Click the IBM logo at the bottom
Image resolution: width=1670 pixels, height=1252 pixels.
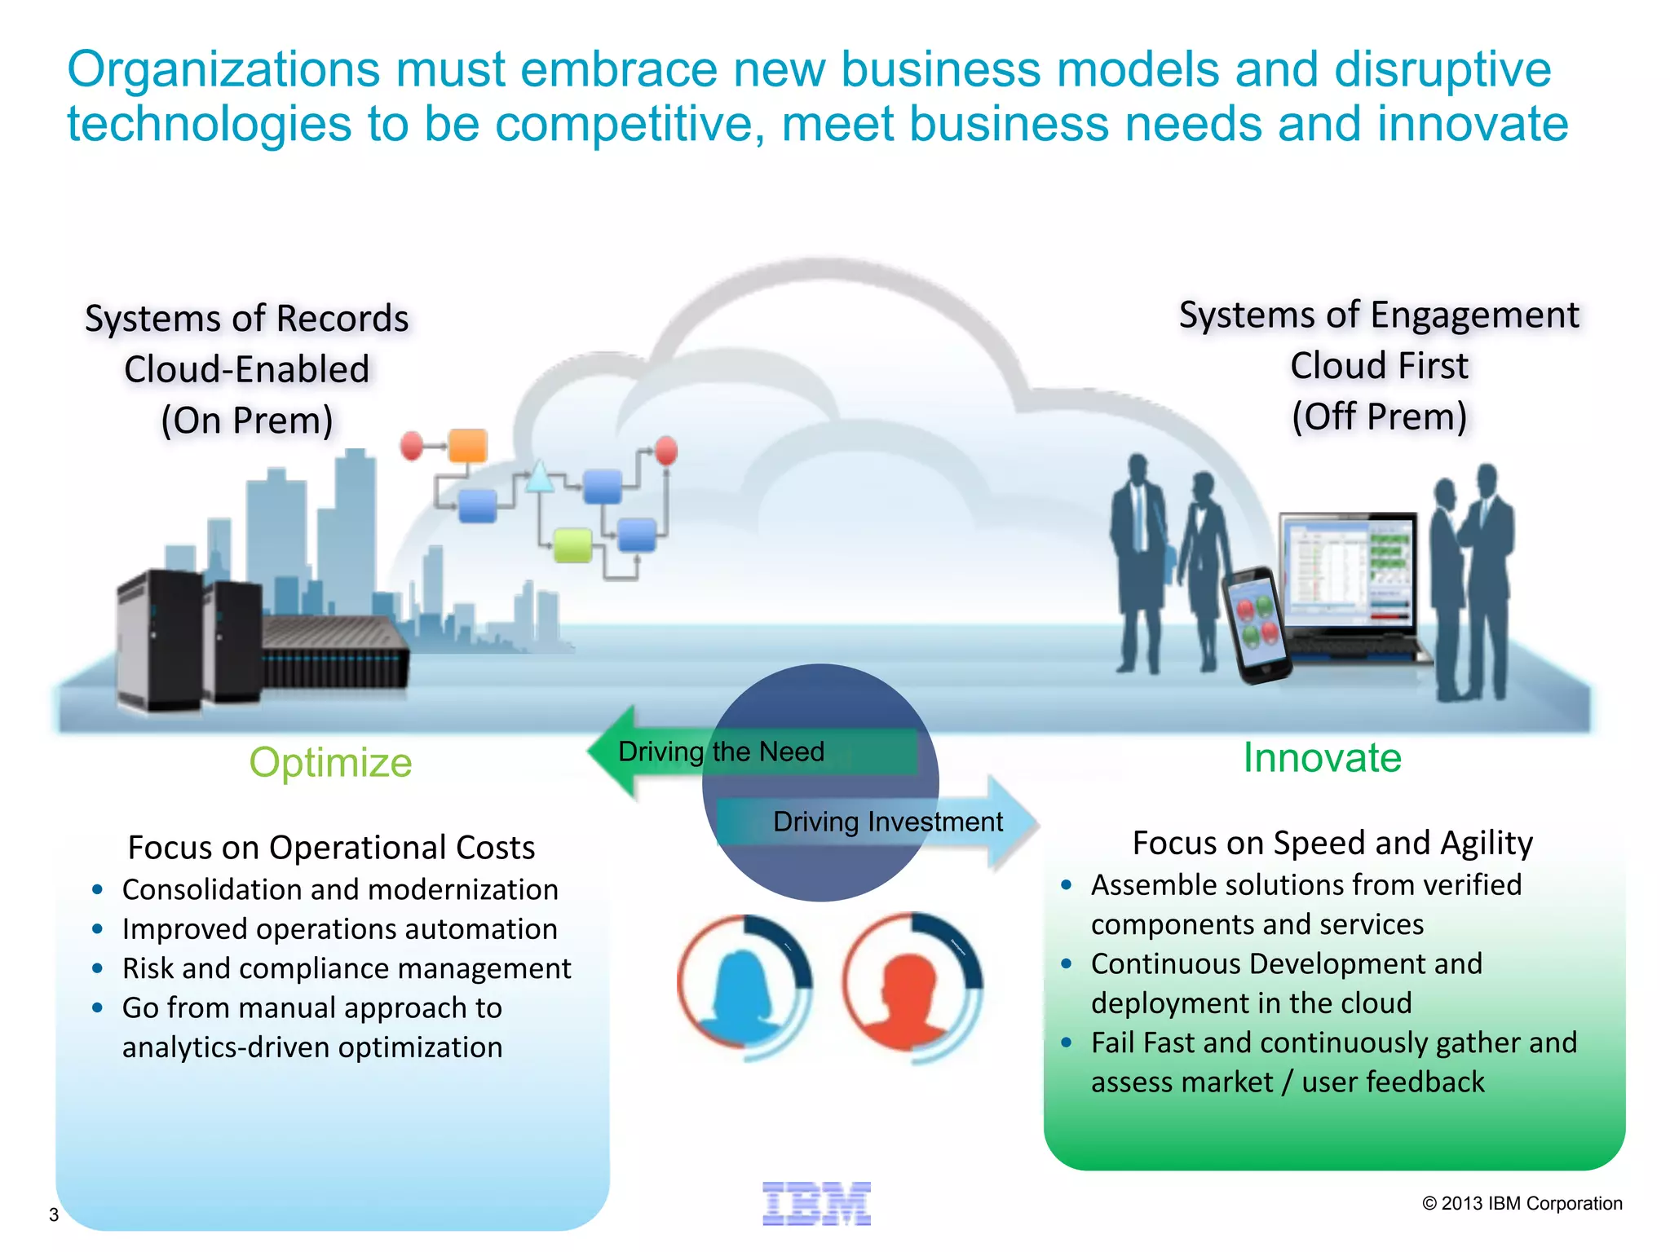pos(816,1203)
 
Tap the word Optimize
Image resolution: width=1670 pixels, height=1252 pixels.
pos(330,763)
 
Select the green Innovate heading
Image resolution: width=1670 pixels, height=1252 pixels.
pos(1322,758)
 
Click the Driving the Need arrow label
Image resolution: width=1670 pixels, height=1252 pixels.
pos(721,752)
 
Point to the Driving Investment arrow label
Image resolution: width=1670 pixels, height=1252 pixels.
pos(887,822)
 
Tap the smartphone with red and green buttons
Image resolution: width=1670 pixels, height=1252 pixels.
pos(1257,624)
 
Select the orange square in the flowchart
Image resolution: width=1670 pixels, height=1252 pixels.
pos(468,447)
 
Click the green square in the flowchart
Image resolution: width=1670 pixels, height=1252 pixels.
pos(572,544)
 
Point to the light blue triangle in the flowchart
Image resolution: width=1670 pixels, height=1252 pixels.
pos(540,477)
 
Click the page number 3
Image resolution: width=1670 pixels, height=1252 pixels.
pos(54,1215)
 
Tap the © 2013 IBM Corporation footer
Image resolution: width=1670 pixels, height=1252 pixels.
pos(1522,1204)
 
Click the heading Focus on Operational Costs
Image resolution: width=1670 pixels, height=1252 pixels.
pos(331,848)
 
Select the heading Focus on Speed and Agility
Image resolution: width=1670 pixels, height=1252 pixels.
pos(1332,843)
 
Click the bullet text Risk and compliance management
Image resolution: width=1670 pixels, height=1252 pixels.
pos(347,968)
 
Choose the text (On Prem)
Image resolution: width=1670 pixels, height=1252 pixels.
pos(247,421)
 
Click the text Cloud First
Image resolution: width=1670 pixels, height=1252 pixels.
pos(1379,366)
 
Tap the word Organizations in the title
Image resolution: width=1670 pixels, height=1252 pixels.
pos(223,69)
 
